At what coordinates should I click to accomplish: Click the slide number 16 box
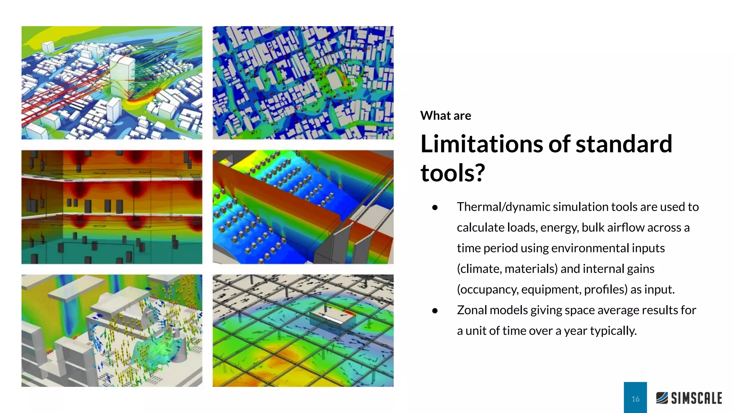coord(635,398)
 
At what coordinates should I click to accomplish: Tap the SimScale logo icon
coord(662,398)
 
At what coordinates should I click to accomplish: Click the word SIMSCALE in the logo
coord(696,398)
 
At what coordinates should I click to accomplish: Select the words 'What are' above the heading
coord(445,116)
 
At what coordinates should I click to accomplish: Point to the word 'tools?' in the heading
coord(453,173)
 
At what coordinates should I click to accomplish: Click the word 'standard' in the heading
coord(624,144)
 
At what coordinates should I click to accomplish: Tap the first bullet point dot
coord(435,207)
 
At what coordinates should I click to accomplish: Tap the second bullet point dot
coord(435,310)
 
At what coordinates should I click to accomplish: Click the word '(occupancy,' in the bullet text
coord(487,289)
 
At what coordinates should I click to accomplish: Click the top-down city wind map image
coord(303,82)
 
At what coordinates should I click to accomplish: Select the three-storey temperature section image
coord(111,207)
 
